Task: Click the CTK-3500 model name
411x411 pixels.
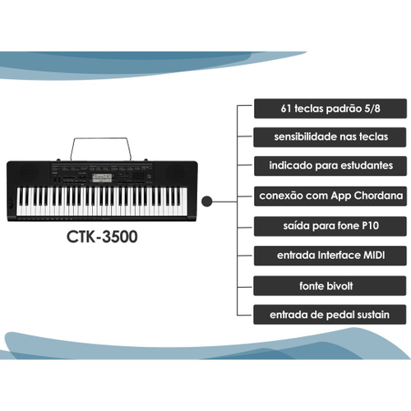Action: (x=102, y=237)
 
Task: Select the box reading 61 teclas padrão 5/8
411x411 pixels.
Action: (x=330, y=109)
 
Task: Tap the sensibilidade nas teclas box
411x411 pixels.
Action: (x=330, y=137)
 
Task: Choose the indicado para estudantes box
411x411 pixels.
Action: (x=330, y=166)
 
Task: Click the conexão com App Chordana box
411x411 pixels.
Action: (x=330, y=196)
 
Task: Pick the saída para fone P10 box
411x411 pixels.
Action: (x=330, y=226)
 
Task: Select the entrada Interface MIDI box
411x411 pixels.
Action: (x=330, y=256)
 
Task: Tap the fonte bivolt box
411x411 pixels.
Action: (x=330, y=286)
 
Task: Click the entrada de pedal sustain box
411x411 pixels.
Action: (x=330, y=315)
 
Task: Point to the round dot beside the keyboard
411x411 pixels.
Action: (x=207, y=201)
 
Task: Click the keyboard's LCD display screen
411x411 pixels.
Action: (x=102, y=178)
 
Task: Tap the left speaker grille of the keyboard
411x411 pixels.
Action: (x=28, y=172)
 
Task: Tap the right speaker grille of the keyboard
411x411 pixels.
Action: (x=176, y=172)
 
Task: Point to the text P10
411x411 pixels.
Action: (x=371, y=226)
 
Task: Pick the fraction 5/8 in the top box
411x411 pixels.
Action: (x=372, y=109)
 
